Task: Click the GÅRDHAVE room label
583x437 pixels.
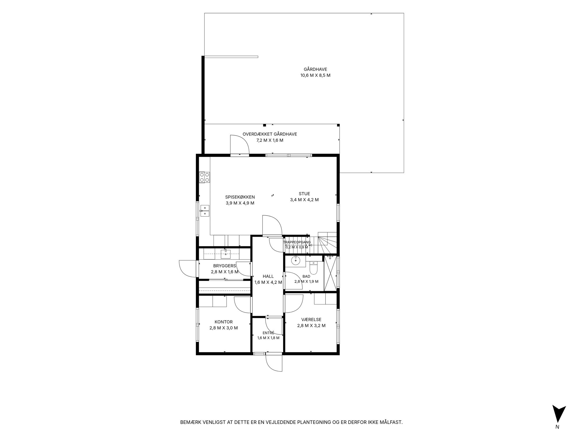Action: click(x=315, y=69)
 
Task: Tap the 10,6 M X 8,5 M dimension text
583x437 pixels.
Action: click(x=315, y=75)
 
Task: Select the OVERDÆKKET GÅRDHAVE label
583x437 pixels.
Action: click(x=270, y=134)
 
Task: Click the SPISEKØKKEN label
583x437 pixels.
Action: click(x=240, y=197)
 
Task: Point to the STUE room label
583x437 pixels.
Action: click(x=304, y=194)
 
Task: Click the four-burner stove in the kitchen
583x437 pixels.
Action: click(x=204, y=177)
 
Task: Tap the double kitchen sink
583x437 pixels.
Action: click(x=205, y=211)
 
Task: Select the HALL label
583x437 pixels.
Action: click(x=268, y=276)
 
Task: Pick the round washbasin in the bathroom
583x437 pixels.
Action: click(x=295, y=260)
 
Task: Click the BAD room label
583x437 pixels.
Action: click(x=306, y=276)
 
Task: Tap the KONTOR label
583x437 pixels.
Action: click(x=224, y=322)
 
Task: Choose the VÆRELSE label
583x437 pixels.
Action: click(x=311, y=320)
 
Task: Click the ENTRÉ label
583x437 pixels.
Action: click(x=268, y=333)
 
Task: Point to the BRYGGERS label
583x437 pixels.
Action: click(x=224, y=266)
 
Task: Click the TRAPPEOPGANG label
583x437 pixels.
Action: click(x=297, y=242)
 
